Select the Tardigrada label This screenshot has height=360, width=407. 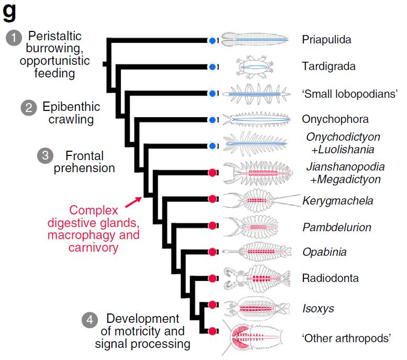pos(329,66)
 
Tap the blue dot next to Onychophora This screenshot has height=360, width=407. pos(212,120)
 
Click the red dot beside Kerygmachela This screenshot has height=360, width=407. pos(212,199)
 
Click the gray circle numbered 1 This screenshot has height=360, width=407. pos(14,37)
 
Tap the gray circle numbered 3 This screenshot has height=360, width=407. pos(46,155)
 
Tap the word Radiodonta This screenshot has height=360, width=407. pos(331,278)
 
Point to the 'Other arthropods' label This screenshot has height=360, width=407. pos(346,338)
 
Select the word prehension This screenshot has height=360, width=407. pos(85,168)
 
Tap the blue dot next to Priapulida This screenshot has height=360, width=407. pos(212,40)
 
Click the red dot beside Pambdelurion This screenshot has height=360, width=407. pos(212,226)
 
